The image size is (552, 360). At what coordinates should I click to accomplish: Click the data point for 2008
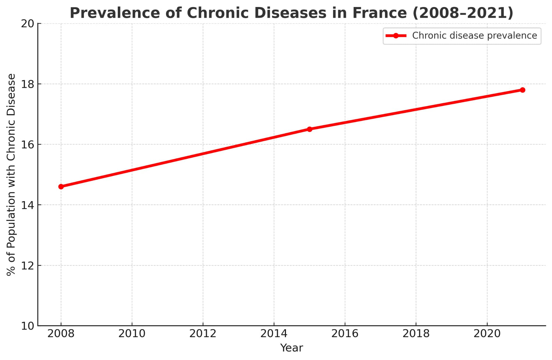[61, 186]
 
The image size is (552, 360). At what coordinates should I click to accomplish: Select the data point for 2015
[309, 129]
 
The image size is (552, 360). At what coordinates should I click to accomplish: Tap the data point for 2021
[522, 90]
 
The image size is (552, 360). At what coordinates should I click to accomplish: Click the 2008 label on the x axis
[61, 334]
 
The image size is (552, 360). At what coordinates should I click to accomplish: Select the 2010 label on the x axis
[132, 334]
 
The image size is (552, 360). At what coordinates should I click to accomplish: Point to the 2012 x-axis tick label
[203, 334]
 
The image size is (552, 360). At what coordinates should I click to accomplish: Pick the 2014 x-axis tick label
[274, 334]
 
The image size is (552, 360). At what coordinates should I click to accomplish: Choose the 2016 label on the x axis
[345, 334]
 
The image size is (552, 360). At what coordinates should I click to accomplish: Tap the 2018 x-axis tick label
[416, 334]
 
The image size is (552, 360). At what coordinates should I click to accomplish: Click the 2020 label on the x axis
[487, 334]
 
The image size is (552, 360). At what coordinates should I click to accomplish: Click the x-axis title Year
[291, 348]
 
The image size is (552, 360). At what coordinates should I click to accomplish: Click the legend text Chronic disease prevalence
[474, 36]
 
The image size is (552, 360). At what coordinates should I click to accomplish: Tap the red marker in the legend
[396, 36]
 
